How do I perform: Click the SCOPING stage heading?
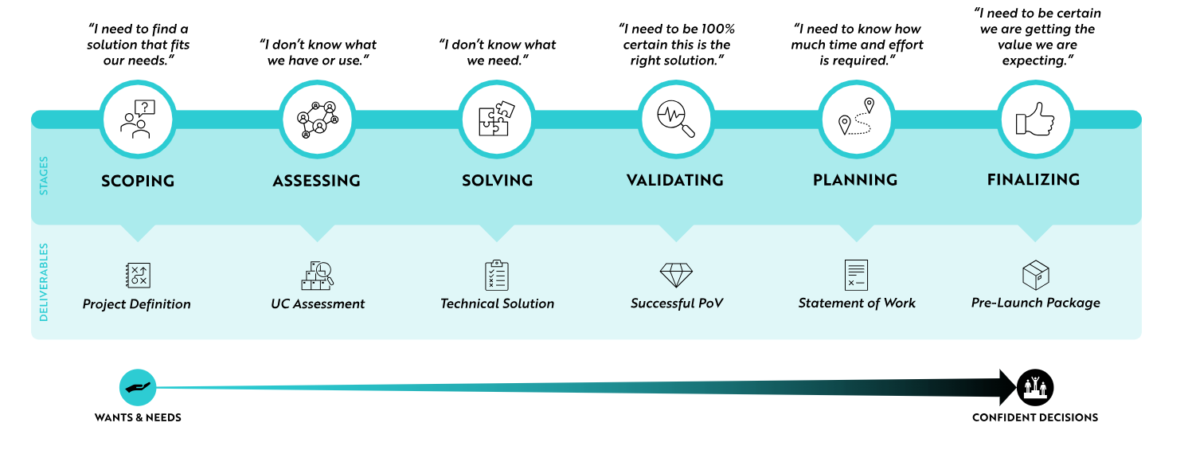[x=138, y=181]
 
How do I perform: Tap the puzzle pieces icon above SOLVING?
[x=496, y=119]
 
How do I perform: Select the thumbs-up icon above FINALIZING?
[x=1035, y=119]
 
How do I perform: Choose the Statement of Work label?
[x=857, y=303]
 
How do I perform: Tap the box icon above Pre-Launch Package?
[x=1035, y=275]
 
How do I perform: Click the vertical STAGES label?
[x=44, y=175]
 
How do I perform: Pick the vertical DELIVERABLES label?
[x=44, y=282]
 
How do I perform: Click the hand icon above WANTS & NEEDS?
[x=138, y=387]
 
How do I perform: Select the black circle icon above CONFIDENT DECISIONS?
[x=1035, y=387]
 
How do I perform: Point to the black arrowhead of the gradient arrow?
[x=1008, y=387]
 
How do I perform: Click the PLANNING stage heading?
[x=855, y=180]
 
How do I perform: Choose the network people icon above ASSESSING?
[x=317, y=119]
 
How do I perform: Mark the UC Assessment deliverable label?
[x=318, y=303]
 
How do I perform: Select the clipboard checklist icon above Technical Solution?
[x=496, y=276]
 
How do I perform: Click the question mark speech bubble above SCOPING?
[x=145, y=108]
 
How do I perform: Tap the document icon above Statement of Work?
[x=856, y=275]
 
